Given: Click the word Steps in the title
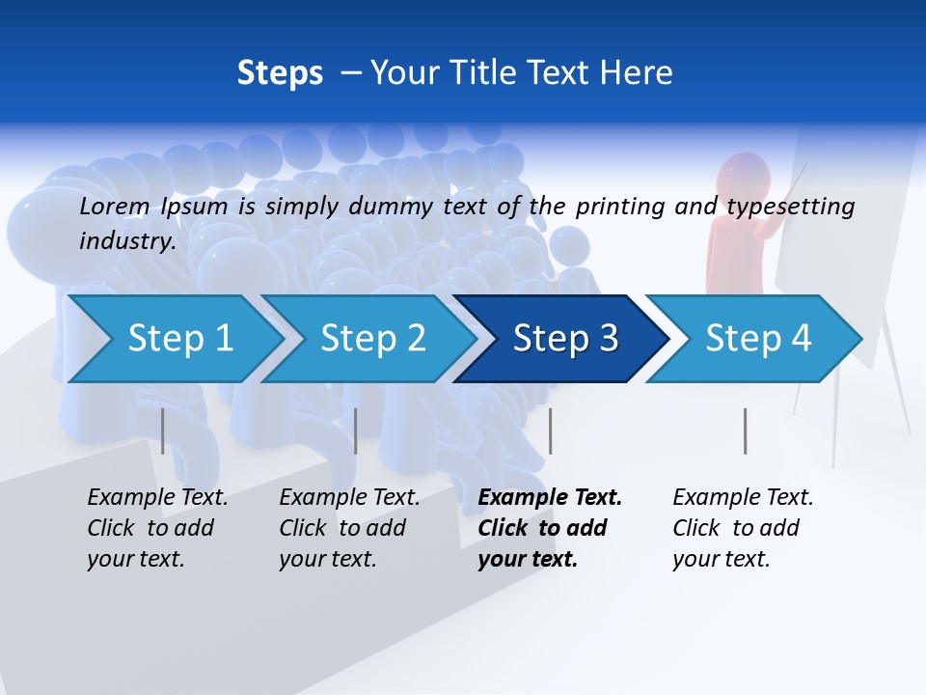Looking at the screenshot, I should (280, 73).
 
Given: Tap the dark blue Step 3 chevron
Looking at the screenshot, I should (565, 339).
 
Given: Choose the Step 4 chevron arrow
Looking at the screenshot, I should (758, 339).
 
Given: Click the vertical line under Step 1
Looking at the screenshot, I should (163, 431).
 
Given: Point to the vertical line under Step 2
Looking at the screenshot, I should (356, 431).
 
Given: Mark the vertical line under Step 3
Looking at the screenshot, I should (550, 431).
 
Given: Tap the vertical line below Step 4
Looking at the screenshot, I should (745, 431).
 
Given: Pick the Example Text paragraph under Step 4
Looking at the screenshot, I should (743, 528).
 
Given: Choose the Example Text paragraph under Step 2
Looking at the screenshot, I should (349, 528).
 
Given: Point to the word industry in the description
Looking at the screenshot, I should (125, 241).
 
